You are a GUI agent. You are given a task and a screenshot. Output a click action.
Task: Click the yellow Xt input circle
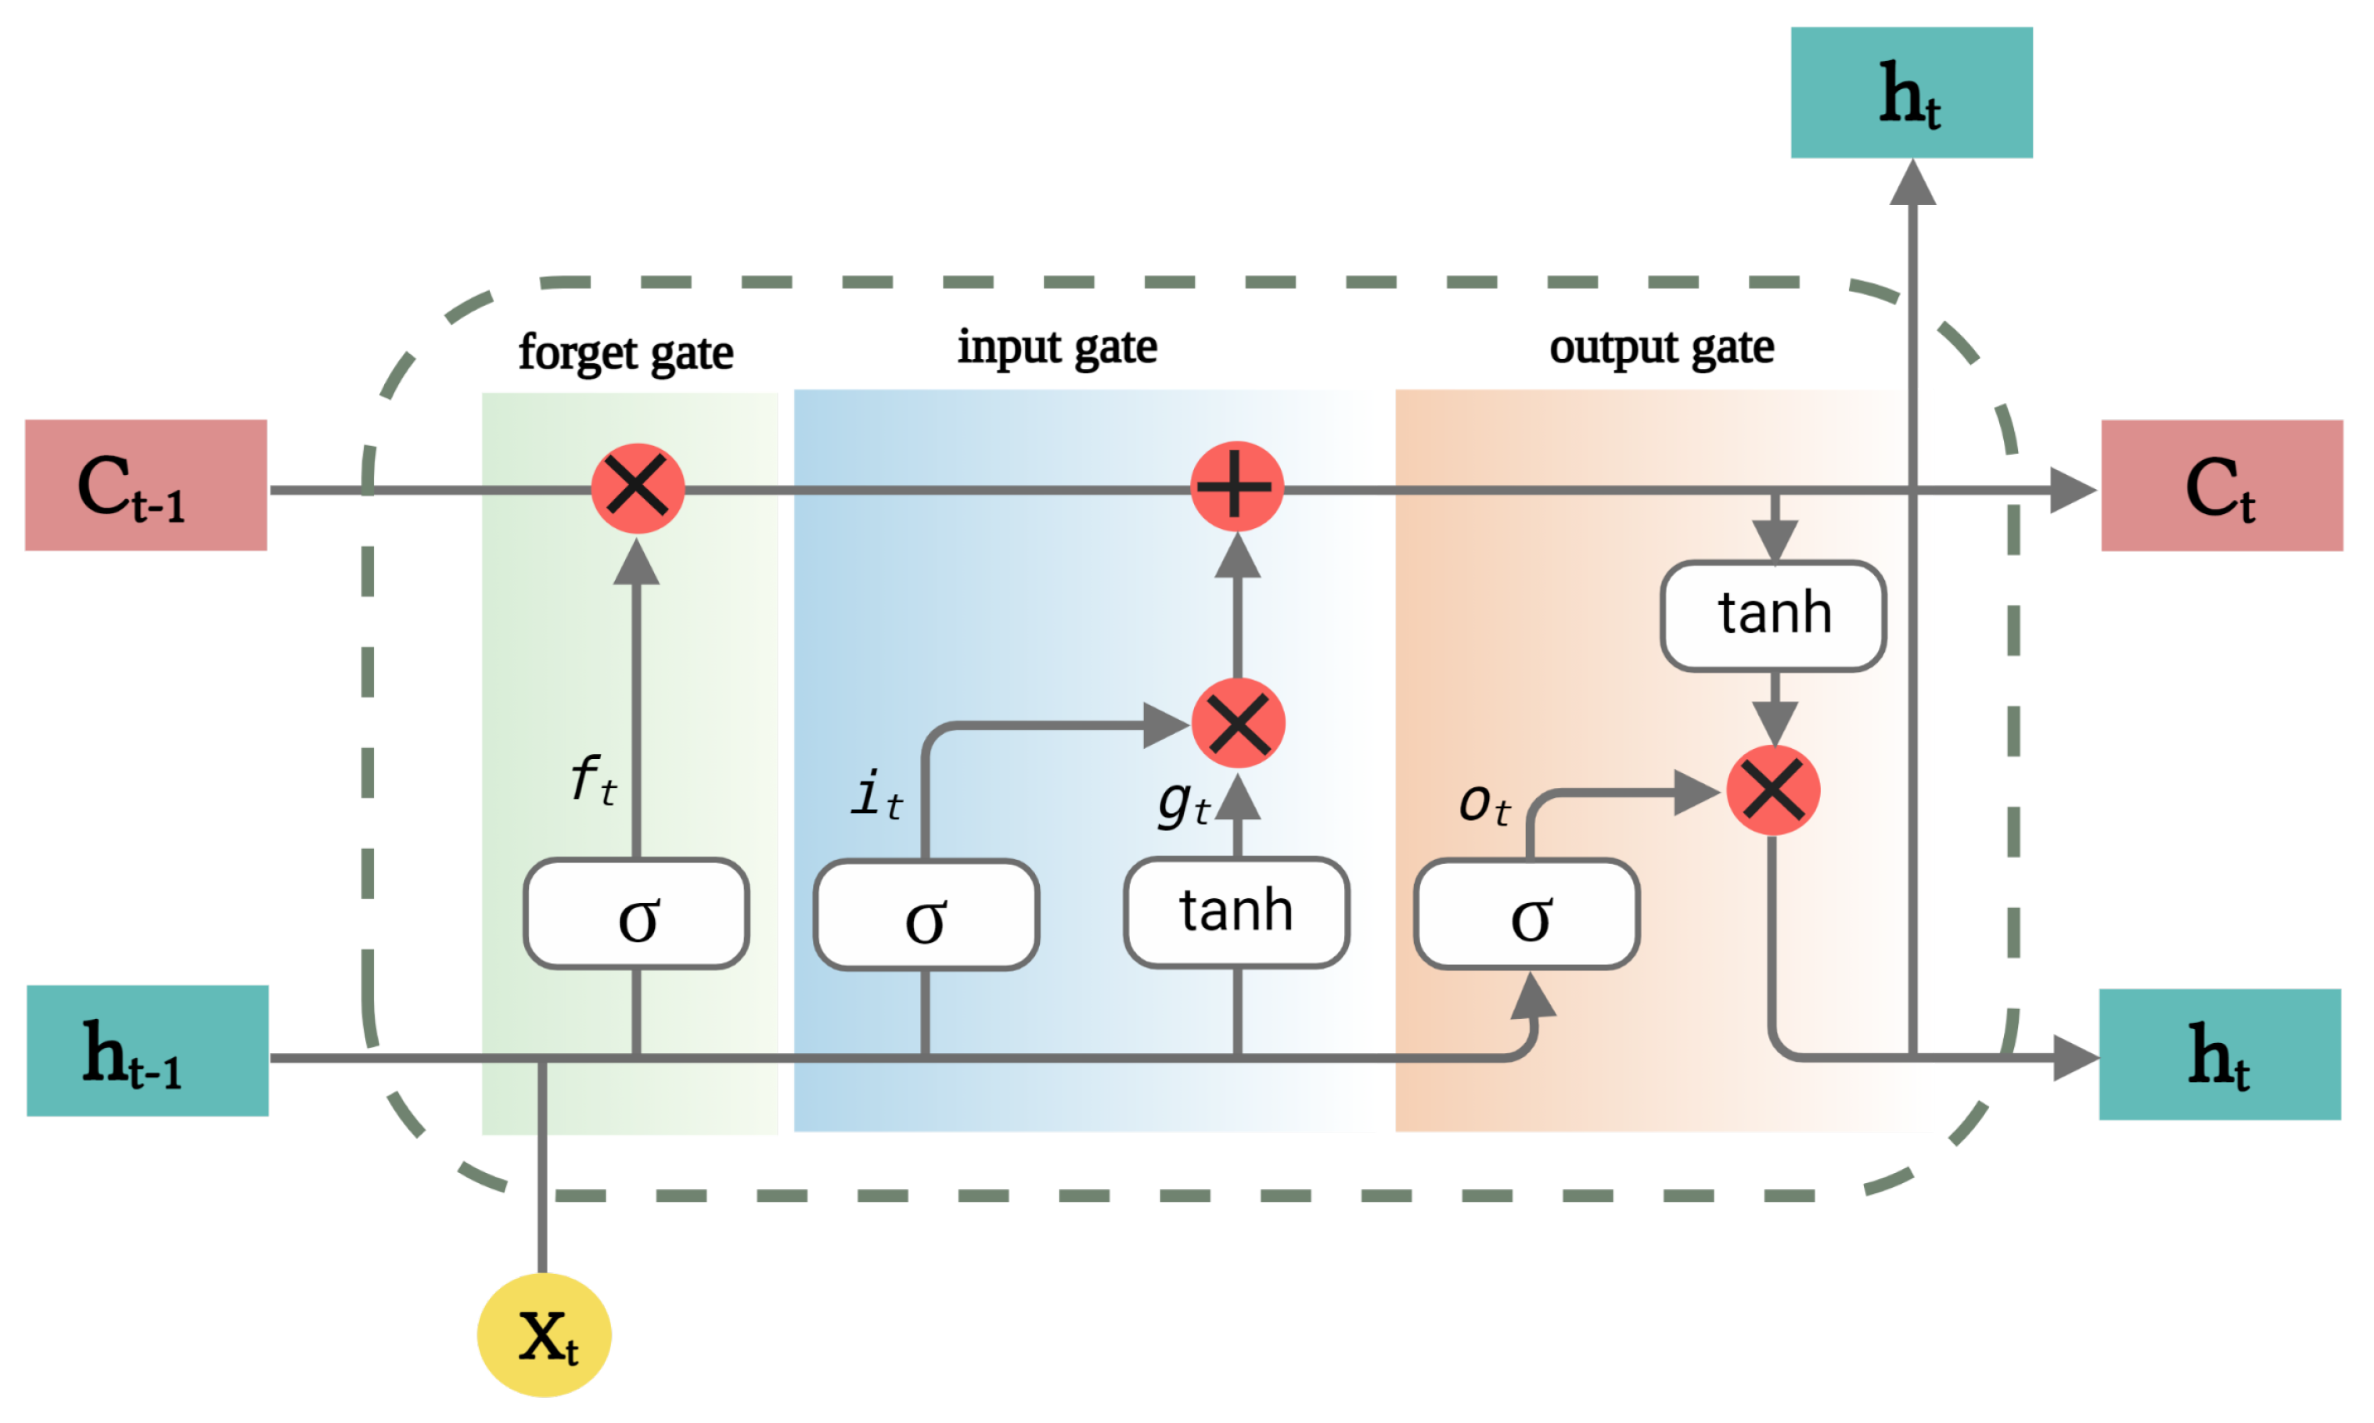pyautogui.click(x=543, y=1334)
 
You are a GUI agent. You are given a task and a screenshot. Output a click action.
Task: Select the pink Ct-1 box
pyautogui.click(x=146, y=485)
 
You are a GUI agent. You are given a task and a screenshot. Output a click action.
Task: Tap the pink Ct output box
pyautogui.click(x=2221, y=485)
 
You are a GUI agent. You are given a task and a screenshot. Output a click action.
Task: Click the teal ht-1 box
pyautogui.click(x=147, y=1051)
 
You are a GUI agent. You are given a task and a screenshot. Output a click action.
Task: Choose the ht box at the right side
pyautogui.click(x=2219, y=1054)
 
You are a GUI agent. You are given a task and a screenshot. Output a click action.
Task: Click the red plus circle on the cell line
pyautogui.click(x=1236, y=487)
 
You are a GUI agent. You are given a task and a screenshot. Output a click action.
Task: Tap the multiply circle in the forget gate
pyautogui.click(x=637, y=488)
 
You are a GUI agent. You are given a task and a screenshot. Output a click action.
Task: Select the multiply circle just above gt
pyautogui.click(x=1237, y=723)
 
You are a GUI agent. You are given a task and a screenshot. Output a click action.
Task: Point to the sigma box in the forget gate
pyautogui.click(x=636, y=914)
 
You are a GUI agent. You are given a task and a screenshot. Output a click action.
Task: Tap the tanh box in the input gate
pyautogui.click(x=1236, y=912)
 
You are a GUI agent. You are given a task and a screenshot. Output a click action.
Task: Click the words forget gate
pyautogui.click(x=625, y=353)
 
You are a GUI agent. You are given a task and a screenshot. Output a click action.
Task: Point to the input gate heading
pyautogui.click(x=1057, y=347)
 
